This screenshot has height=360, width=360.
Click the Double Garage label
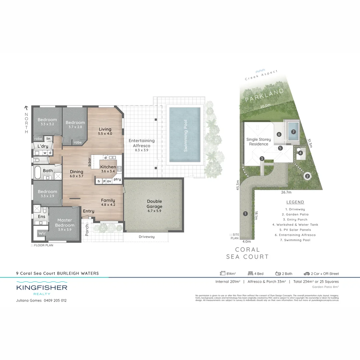(154, 204)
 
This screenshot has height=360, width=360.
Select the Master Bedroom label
(65, 223)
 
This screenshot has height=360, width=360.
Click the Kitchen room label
(108, 167)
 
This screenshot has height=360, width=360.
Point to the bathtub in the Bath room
(38, 173)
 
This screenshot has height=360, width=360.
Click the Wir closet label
(42, 233)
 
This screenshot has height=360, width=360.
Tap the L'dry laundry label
(43, 146)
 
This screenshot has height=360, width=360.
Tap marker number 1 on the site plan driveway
(245, 214)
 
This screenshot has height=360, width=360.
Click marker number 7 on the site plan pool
(293, 132)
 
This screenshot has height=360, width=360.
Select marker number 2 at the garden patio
(307, 176)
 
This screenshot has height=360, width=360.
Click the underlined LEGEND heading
(295, 202)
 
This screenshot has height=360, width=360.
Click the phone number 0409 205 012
(55, 300)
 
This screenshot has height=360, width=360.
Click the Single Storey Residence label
(259, 142)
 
